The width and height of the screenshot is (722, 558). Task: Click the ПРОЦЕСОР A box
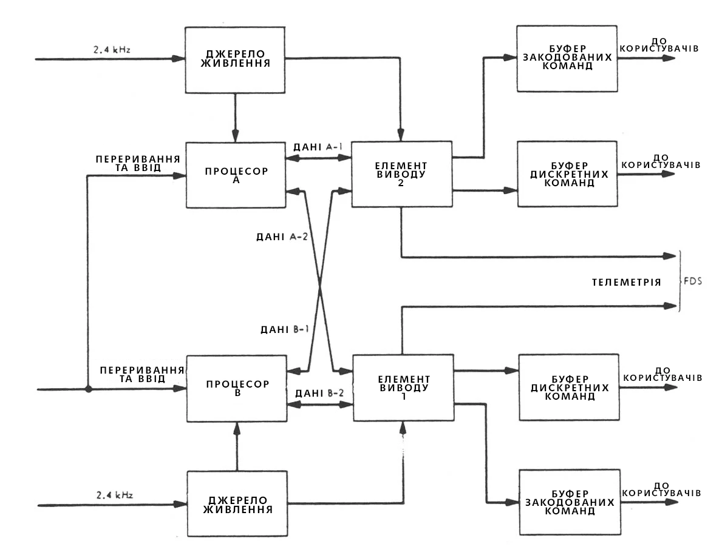(235, 176)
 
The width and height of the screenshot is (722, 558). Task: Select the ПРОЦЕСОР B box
(236, 389)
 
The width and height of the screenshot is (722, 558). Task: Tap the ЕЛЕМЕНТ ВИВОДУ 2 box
(401, 175)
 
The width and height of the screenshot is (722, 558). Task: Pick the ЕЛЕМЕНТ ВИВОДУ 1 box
(403, 388)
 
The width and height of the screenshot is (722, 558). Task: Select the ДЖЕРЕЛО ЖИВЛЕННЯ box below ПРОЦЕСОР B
(237, 503)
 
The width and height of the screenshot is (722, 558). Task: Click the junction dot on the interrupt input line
(89, 389)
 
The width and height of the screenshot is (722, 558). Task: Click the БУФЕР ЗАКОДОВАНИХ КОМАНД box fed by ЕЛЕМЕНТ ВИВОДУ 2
(567, 58)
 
